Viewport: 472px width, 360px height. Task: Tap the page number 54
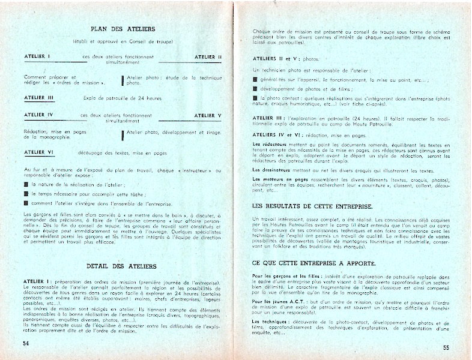pos(26,344)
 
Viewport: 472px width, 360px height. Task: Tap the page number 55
pos(446,347)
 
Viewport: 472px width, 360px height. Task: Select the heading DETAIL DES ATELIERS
pos(122,266)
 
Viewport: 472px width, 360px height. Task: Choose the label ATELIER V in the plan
pos(208,115)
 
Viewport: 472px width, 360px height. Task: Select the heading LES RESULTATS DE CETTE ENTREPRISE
pos(313,206)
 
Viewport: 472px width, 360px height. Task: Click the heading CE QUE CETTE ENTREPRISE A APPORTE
pos(315,263)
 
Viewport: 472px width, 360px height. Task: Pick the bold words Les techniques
pos(269,322)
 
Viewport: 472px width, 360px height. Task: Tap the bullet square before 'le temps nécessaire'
pos(26,196)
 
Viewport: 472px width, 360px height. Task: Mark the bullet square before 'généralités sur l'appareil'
pos(255,80)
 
